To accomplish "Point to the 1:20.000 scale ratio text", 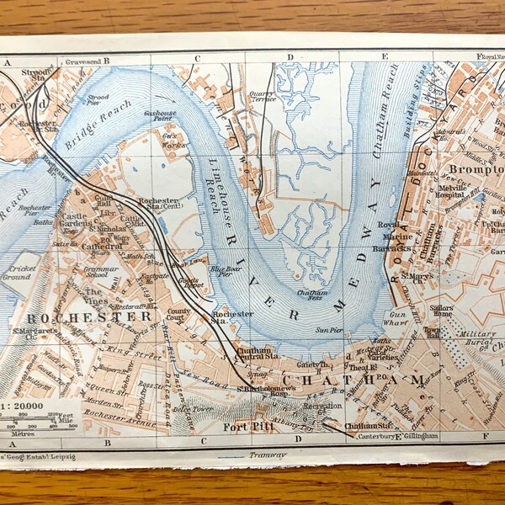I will point(25,405).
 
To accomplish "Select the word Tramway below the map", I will point(267,454).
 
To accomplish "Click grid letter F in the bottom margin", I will point(486,438).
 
